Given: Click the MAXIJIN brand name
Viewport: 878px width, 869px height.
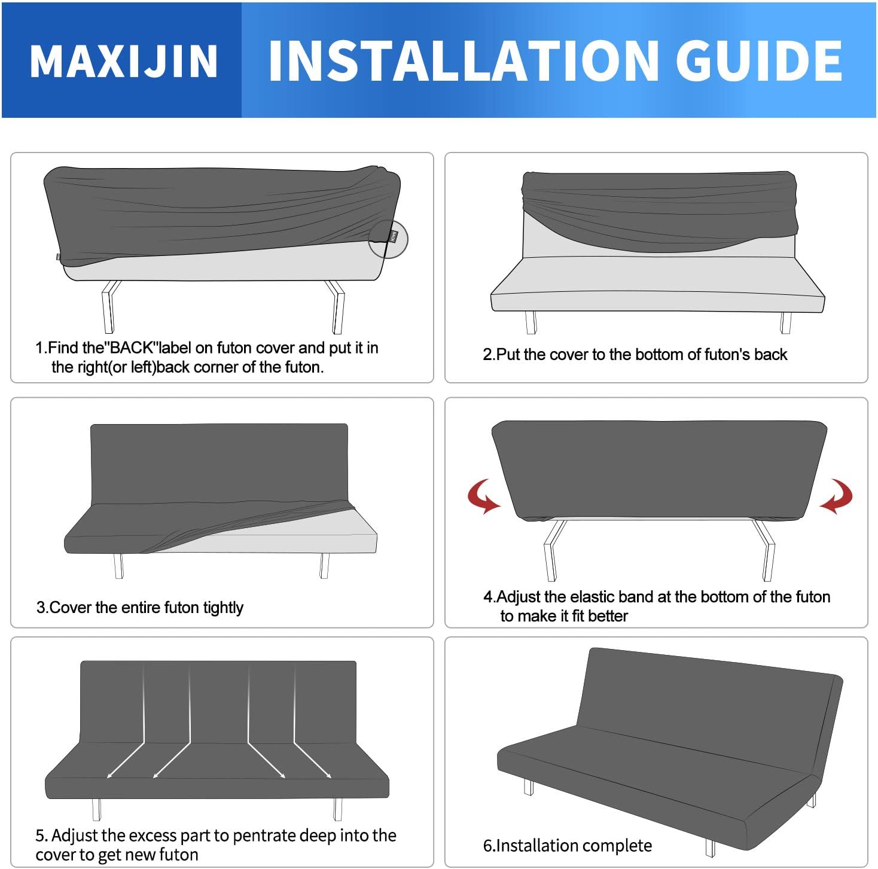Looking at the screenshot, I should pos(124,61).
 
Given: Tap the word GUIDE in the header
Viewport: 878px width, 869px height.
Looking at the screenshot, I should pos(758,61).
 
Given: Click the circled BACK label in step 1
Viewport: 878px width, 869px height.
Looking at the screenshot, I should pos(389,238).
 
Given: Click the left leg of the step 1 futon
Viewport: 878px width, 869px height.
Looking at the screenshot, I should pos(109,306).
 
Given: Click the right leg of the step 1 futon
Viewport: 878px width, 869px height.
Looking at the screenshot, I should pos(337,306).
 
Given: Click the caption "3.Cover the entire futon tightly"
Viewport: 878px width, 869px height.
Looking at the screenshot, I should pos(140,608).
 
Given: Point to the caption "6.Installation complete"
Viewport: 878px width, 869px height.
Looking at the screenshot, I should pos(567,846).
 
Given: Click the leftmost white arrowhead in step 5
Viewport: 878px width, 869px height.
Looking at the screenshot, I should pos(109,776).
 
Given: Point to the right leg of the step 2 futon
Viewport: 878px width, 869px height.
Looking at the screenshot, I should pos(785,323).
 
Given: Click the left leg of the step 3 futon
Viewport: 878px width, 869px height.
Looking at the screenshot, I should pos(118,565).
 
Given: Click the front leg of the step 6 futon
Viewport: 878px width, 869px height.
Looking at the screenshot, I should pos(710,847).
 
